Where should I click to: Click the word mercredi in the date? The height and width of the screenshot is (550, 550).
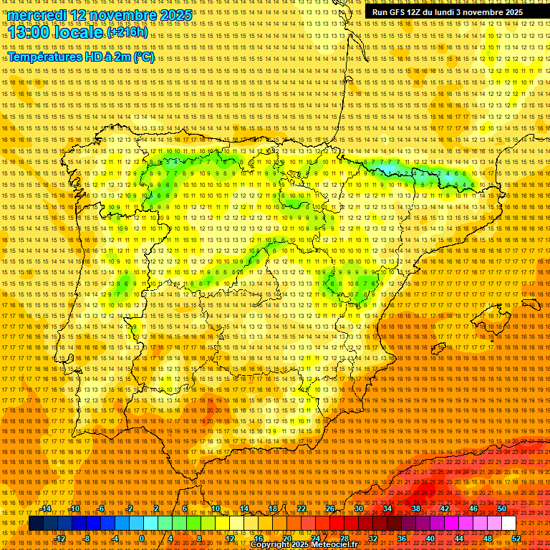(x=38, y=15)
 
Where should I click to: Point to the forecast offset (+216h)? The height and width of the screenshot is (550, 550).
(x=127, y=32)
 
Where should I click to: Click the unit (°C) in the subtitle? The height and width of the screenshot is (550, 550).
(x=143, y=57)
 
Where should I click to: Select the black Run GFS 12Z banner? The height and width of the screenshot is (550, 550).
(x=447, y=12)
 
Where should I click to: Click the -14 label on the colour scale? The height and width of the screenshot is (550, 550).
(x=47, y=508)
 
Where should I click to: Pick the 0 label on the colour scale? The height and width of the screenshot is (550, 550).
(x=143, y=539)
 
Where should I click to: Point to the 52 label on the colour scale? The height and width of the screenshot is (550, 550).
(x=516, y=539)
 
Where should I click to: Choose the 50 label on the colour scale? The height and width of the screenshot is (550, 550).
(x=502, y=508)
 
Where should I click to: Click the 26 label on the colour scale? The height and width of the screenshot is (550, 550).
(x=330, y=508)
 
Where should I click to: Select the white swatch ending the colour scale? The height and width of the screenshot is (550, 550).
(x=508, y=524)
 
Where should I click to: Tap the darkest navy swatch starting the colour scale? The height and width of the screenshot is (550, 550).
(x=36, y=524)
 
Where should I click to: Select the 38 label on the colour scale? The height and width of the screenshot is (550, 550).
(x=416, y=508)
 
